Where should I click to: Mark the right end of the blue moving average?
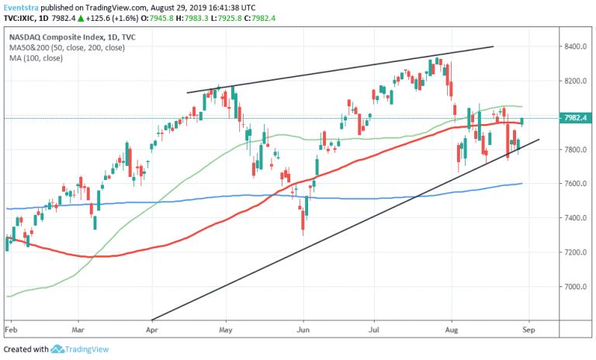[x=521, y=183]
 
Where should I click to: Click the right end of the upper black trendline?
[x=494, y=47]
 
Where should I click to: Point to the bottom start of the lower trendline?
[x=152, y=319]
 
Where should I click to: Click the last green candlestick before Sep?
[x=522, y=121]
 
